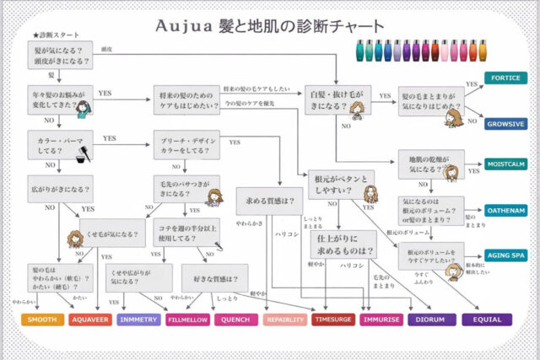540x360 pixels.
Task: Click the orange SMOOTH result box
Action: [43, 320]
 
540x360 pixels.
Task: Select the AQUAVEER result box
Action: [90, 320]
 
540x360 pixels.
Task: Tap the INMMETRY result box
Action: [138, 320]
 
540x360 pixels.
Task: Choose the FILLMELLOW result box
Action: [187, 320]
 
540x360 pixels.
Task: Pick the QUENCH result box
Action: [236, 320]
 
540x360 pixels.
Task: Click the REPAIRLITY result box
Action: [285, 320]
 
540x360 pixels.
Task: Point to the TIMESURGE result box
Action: [332, 320]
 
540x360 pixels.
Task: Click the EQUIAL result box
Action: [487, 320]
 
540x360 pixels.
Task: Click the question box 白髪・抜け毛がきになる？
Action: [337, 102]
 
